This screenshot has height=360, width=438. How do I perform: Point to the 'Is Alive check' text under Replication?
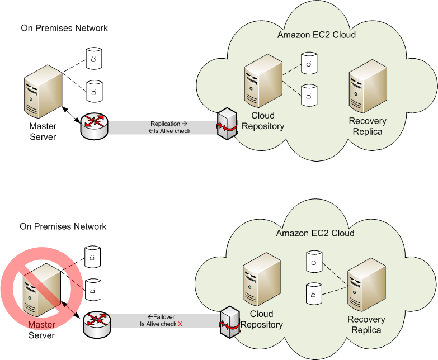[169, 131]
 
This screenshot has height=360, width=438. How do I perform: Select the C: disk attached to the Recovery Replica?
[314, 261]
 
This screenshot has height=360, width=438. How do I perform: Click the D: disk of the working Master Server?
[93, 88]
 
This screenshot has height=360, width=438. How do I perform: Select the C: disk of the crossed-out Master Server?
[92, 256]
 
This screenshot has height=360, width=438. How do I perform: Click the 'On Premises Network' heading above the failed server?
[63, 226]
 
